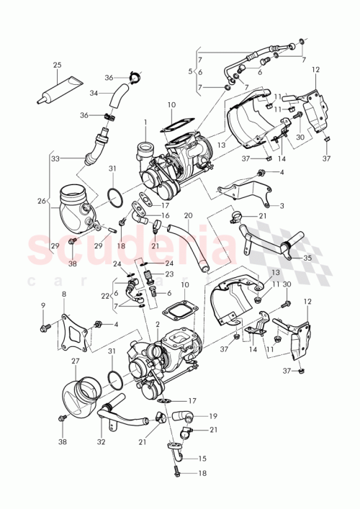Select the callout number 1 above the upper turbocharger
click(x=145, y=122)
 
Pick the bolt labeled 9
click(x=45, y=329)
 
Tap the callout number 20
click(x=189, y=215)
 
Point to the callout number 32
click(x=101, y=442)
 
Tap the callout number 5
click(x=190, y=71)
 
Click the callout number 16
click(x=165, y=215)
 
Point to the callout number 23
click(x=170, y=274)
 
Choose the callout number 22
click(x=105, y=295)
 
